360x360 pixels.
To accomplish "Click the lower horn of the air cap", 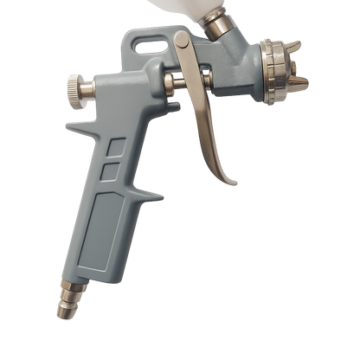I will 297,96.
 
